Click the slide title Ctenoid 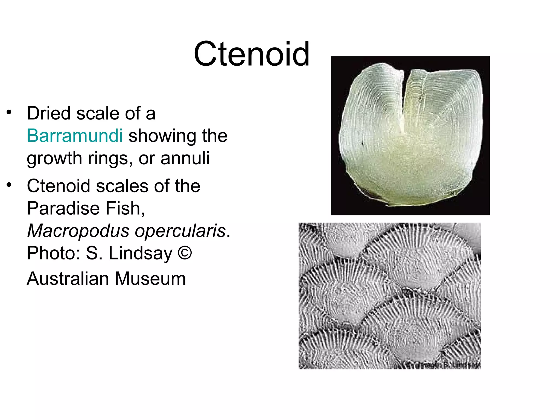coord(252,54)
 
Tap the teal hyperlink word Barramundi coord(75,136)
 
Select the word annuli coord(185,158)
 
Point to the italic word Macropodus coord(78,231)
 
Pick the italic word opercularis coord(180,231)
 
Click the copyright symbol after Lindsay coord(185,253)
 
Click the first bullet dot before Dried coord(9,112)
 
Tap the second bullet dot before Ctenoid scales coord(9,185)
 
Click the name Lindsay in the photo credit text coord(141,253)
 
